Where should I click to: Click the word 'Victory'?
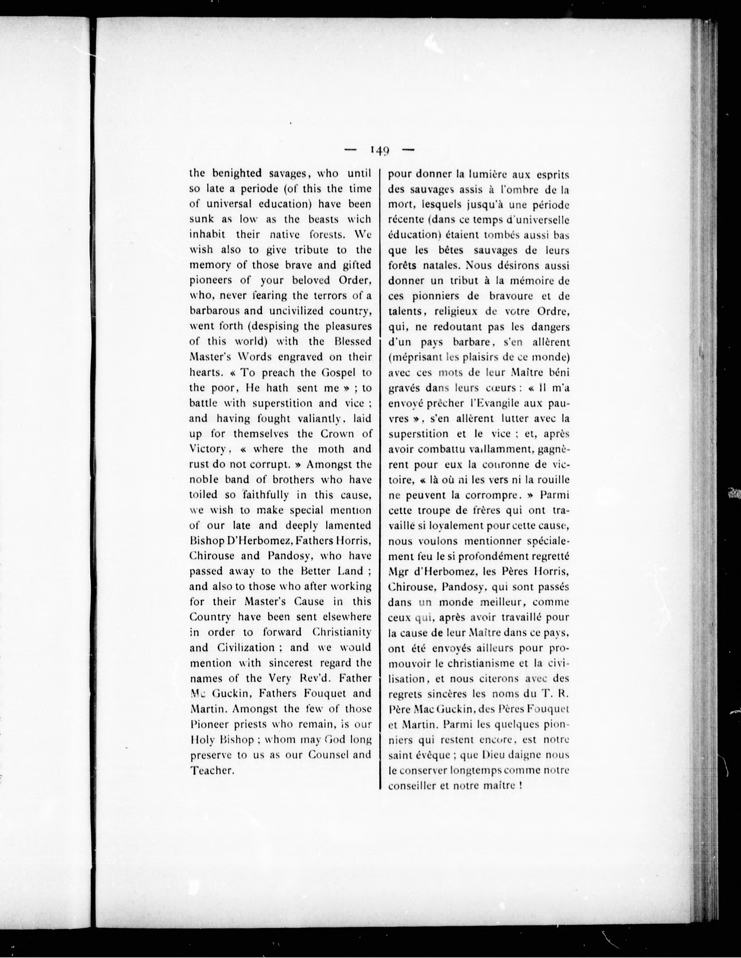(x=207, y=449)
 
